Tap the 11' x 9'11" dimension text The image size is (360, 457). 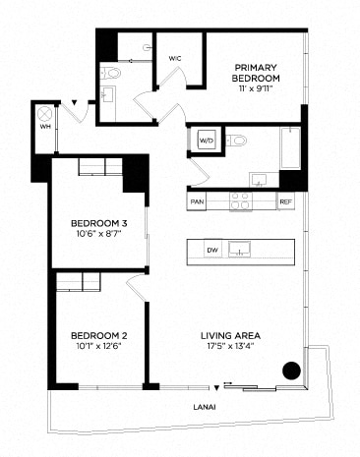tap(256, 88)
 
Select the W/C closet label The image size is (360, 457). tap(175, 59)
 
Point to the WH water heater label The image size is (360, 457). tap(43, 126)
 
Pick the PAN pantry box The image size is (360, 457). tap(197, 201)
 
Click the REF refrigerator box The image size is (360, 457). tap(285, 201)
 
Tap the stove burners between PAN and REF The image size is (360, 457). tap(241, 201)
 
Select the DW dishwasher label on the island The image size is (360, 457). tap(211, 251)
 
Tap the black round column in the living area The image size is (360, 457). tap(290, 371)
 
